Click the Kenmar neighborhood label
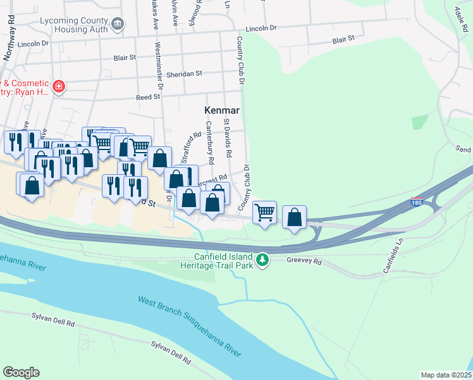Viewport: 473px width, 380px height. pos(221,110)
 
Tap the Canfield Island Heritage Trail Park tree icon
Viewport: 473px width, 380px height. pos(262,260)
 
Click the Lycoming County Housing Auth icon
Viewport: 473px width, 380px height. pos(117,24)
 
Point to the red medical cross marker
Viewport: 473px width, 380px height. pos(59,85)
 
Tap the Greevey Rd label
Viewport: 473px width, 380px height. pos(304,261)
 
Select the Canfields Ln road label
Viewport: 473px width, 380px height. pos(393,256)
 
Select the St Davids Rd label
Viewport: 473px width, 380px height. pos(228,141)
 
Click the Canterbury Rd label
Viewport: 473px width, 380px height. pos(211,142)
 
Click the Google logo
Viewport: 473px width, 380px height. pos(21,372)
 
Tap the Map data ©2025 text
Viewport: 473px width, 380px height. pos(445,375)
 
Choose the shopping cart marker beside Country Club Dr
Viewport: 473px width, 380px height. pos(264,212)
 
